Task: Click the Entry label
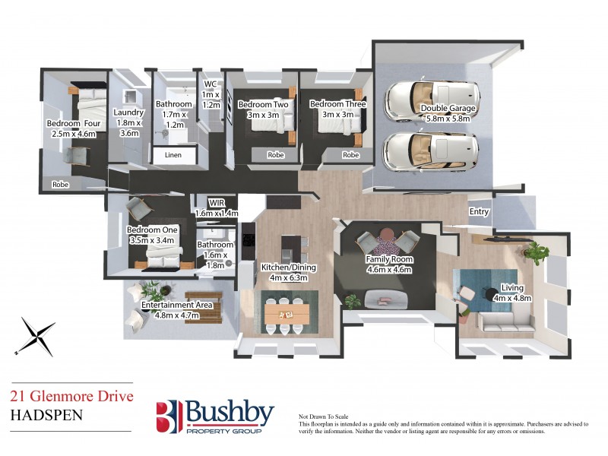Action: click(479, 212)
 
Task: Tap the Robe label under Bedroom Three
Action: click(350, 155)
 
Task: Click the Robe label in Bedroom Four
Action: click(60, 185)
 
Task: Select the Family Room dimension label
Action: click(388, 269)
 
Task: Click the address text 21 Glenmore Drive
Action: click(71, 395)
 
